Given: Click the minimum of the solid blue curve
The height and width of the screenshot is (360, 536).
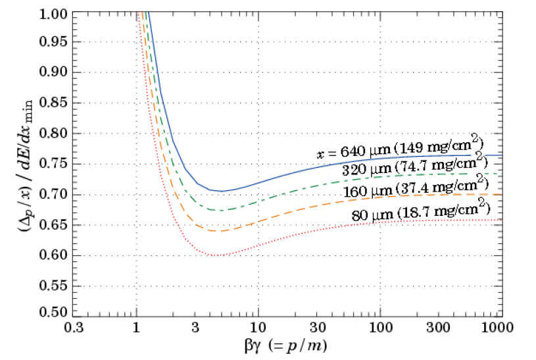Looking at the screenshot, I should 222,191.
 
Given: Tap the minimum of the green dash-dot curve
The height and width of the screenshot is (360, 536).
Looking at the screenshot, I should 220,210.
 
